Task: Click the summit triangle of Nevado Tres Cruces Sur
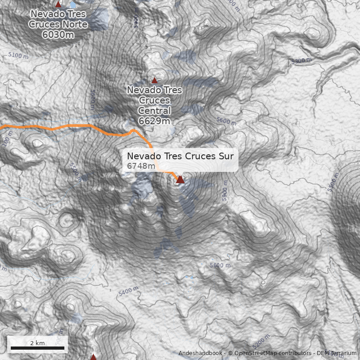pyautogui.click(x=180, y=179)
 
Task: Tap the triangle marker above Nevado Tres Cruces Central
pyautogui.click(x=154, y=81)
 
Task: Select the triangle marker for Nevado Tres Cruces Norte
pyautogui.click(x=58, y=4)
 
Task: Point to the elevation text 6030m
pyautogui.click(x=58, y=34)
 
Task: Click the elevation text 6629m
pyautogui.click(x=154, y=121)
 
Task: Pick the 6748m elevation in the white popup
pyautogui.click(x=141, y=166)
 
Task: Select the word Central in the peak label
pyautogui.click(x=154, y=110)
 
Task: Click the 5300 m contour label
pyautogui.click(x=301, y=60)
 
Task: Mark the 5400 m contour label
pyautogui.click(x=128, y=292)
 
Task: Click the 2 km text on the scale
pyautogui.click(x=37, y=343)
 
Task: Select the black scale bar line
pyautogui.click(x=37, y=348)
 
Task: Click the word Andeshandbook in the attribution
pyautogui.click(x=200, y=353)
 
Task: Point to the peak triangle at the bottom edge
pyautogui.click(x=93, y=357)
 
